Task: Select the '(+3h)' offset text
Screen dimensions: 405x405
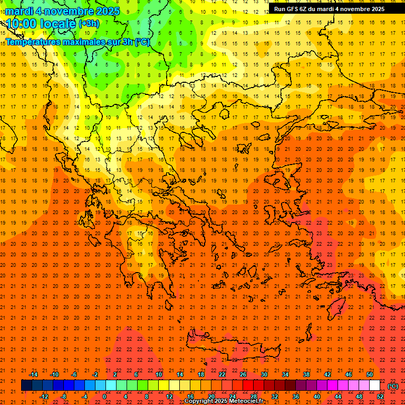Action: pyautogui.click(x=88, y=24)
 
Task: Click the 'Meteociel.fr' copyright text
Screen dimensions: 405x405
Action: pyautogui.click(x=243, y=401)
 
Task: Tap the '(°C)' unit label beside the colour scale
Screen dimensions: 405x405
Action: pyautogui.click(x=393, y=386)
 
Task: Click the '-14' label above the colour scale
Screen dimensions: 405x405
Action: pyautogui.click(x=33, y=374)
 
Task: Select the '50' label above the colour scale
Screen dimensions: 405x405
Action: pyautogui.click(x=369, y=374)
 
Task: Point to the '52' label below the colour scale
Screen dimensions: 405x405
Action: pyautogui.click(x=380, y=397)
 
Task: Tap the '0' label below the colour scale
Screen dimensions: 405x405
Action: pyautogui.click(x=104, y=397)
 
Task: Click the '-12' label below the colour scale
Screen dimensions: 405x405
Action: pyautogui.click(x=44, y=397)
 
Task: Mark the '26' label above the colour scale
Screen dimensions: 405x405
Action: pyautogui.click(x=243, y=374)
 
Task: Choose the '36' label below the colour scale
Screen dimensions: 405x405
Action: pyautogui.click(x=295, y=397)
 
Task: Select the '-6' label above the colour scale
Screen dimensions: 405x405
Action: pyautogui.click(x=74, y=374)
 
